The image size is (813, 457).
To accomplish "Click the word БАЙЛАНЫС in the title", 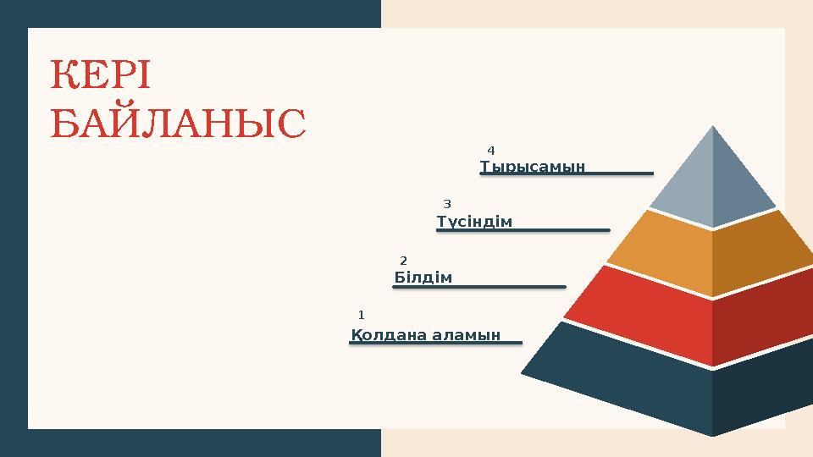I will (178, 124).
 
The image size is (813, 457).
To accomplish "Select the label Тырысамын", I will (533, 166).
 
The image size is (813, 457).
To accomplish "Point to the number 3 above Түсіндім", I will (447, 204).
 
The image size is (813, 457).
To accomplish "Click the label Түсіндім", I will (475, 222).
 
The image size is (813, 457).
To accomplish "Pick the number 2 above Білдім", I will (403, 260).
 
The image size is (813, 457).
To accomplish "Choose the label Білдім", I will (423, 278).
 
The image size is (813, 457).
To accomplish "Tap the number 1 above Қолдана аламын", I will (361, 315).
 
